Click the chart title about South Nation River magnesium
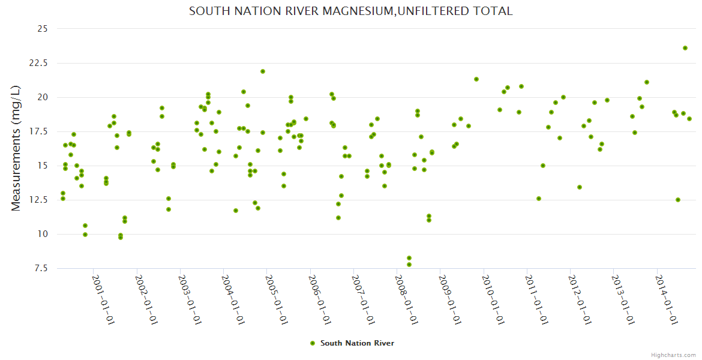[350, 11]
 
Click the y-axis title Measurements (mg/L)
[16, 148]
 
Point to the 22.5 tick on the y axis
[41, 63]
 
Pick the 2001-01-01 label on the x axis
[103, 299]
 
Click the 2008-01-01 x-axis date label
[406, 299]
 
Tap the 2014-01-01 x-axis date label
[665, 299]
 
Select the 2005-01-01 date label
[276, 299]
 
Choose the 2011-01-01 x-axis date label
[536, 299]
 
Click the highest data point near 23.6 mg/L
[685, 48]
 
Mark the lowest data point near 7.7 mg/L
[409, 265]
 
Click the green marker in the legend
[312, 343]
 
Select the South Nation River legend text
[357, 343]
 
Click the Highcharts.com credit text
[673, 355]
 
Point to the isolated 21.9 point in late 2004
[263, 71]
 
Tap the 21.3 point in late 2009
[476, 79]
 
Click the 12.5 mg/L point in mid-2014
[678, 200]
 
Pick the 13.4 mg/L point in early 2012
[580, 187]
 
